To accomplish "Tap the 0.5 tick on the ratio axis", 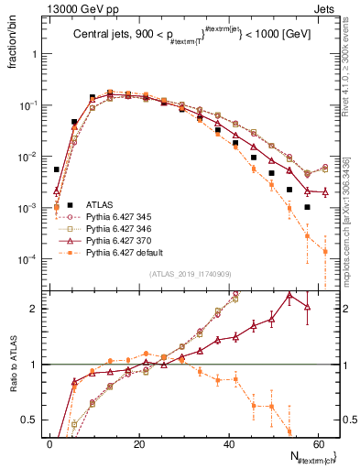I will pos(33,420).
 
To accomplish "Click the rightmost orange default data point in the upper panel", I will pos(325,252).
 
